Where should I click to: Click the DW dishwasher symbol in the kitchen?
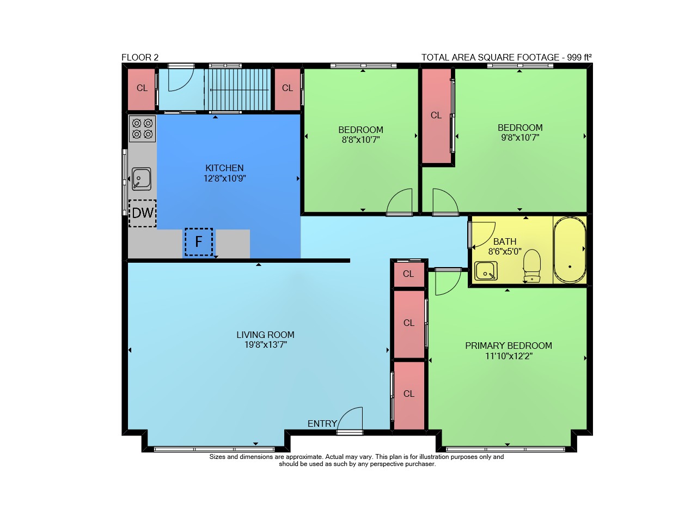(x=143, y=213)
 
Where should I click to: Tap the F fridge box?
(x=199, y=241)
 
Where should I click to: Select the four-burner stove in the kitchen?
(x=143, y=129)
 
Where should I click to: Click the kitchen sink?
(x=142, y=179)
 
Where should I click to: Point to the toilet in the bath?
(x=532, y=266)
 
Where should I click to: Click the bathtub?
(x=570, y=250)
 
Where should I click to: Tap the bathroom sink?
(x=486, y=271)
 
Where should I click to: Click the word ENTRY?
(x=322, y=424)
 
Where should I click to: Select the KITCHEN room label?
(x=224, y=168)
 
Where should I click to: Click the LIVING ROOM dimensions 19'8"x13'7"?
(x=265, y=345)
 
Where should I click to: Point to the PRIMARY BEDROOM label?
(x=509, y=346)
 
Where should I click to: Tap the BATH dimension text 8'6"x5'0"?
(x=505, y=251)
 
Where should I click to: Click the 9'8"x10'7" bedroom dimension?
(x=520, y=137)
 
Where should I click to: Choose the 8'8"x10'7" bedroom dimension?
(x=360, y=140)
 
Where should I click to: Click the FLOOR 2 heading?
(x=140, y=58)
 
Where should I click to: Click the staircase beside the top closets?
(x=238, y=89)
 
